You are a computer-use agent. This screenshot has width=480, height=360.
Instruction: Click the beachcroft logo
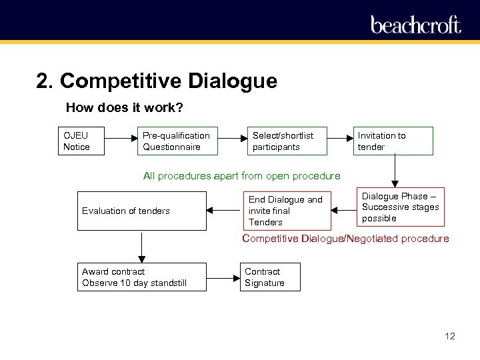[x=416, y=25]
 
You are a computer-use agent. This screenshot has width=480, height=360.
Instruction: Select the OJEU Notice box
[x=81, y=141]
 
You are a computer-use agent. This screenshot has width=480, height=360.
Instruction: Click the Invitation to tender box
[x=393, y=141]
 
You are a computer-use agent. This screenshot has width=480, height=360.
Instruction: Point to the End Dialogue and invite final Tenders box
[x=287, y=211]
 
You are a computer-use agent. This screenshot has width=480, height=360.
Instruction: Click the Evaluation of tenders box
[x=141, y=211]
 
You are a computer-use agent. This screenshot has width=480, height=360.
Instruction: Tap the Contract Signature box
[x=270, y=277]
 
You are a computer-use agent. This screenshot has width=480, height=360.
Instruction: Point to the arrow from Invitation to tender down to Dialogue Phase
[x=395, y=170]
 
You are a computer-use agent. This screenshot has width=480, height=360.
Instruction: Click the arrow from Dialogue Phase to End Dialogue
[x=344, y=211]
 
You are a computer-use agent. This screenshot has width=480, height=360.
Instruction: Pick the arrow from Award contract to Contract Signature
[x=223, y=277]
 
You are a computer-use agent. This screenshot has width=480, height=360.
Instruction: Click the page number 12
[x=449, y=336]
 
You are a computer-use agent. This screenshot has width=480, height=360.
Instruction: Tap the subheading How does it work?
[x=125, y=107]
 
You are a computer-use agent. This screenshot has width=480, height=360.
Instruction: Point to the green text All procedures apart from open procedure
[x=241, y=176]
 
